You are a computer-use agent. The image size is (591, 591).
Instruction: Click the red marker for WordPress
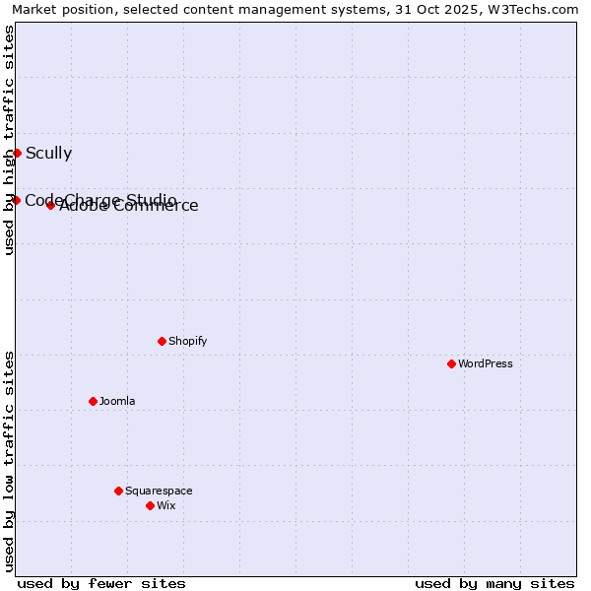tap(451, 363)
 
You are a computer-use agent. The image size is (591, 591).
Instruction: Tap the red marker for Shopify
tap(162, 341)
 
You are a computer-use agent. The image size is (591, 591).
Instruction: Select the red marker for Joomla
tap(93, 401)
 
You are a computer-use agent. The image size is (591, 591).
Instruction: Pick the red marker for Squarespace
tap(118, 491)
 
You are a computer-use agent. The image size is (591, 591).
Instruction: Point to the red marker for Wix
tap(150, 505)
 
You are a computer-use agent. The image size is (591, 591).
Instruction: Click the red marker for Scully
tap(17, 153)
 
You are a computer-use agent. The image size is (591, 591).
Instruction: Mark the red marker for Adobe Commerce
tap(50, 205)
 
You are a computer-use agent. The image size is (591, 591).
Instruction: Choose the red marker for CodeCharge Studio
tap(16, 200)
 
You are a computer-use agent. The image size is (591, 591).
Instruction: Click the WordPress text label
tap(486, 363)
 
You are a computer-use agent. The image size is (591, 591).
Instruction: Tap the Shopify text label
tap(188, 341)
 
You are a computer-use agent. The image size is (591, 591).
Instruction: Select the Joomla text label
tap(117, 401)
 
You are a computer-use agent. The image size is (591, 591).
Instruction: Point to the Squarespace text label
tap(159, 491)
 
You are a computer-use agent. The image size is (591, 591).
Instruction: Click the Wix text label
tap(166, 505)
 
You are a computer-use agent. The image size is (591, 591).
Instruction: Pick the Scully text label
tap(48, 153)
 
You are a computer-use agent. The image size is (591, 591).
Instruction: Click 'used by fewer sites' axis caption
tap(101, 583)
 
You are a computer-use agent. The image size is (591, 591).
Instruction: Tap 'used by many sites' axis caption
tap(494, 583)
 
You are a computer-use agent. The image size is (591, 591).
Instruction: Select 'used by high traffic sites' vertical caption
tap(9, 141)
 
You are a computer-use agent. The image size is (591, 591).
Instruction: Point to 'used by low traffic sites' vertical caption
tap(9, 460)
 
